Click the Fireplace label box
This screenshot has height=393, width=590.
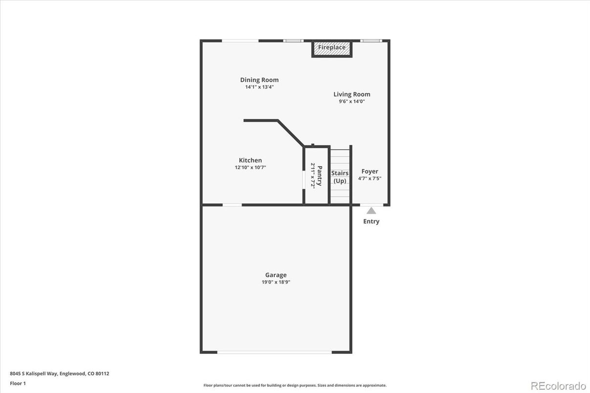(x=332, y=48)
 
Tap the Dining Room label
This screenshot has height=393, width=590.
(x=259, y=80)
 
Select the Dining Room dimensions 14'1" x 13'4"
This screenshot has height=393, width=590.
(x=259, y=87)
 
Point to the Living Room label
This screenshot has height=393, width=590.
(x=351, y=94)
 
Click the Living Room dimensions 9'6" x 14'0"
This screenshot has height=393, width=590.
(x=351, y=102)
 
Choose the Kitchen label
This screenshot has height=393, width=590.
(x=250, y=160)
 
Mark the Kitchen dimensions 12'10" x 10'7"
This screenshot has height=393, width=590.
(x=250, y=167)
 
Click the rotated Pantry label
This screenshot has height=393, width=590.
(x=319, y=175)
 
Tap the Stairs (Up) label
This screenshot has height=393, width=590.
(x=340, y=177)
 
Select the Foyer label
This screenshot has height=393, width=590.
(x=370, y=172)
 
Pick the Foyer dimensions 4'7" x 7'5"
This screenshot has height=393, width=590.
(x=370, y=178)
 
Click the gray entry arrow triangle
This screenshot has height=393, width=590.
(x=371, y=211)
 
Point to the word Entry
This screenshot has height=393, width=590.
(x=371, y=221)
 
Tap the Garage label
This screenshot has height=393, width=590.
(x=276, y=275)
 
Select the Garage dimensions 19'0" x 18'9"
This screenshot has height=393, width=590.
(x=276, y=282)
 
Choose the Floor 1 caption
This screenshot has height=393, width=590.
(x=18, y=383)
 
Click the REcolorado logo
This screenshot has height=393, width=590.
(x=558, y=385)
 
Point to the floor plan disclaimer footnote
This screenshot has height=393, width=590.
(x=295, y=385)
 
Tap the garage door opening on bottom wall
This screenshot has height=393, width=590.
(x=274, y=352)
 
